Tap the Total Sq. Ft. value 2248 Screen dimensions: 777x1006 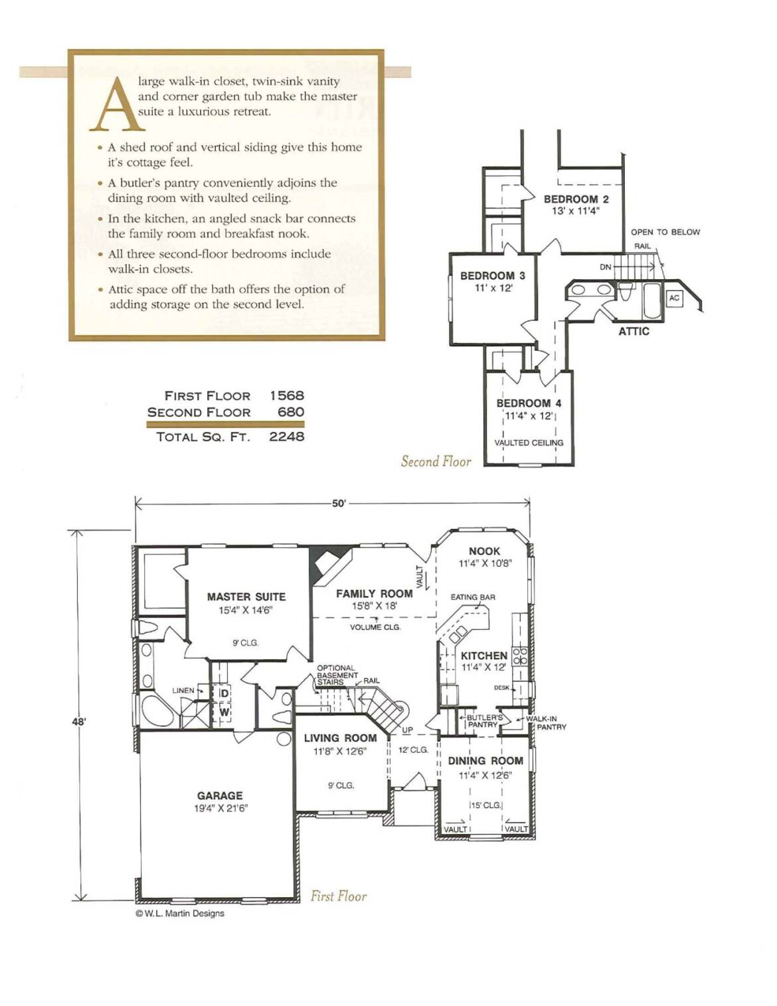[x=287, y=437]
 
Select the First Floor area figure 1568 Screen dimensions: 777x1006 [x=287, y=396]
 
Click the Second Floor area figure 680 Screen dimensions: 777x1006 [x=291, y=412]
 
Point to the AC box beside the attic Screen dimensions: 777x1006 [x=674, y=298]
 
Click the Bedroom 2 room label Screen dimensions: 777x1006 [x=576, y=199]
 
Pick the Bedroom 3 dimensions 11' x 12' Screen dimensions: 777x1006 [x=493, y=288]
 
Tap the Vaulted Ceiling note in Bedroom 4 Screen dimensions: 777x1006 [x=529, y=443]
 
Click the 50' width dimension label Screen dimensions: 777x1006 [x=339, y=504]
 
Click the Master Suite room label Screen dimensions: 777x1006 [x=246, y=597]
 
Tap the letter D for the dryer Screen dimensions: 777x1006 [x=224, y=694]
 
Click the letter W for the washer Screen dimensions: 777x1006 [x=224, y=712]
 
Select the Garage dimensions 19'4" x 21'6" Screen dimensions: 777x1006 [x=221, y=809]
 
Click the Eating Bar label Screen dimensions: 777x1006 [x=473, y=597]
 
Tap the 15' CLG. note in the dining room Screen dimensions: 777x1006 [x=485, y=805]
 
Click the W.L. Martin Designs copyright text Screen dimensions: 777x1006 [x=180, y=914]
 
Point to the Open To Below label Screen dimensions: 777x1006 [x=665, y=232]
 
